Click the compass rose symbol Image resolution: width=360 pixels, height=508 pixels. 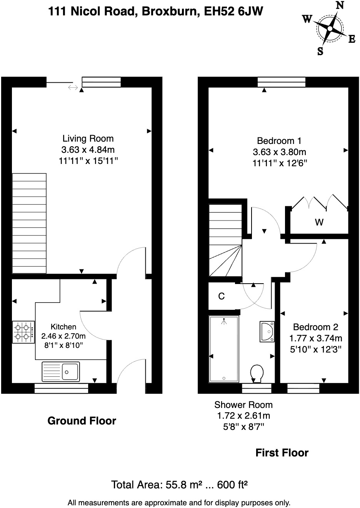pyautogui.click(x=330, y=29)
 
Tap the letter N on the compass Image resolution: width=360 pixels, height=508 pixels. pyautogui.click(x=340, y=5)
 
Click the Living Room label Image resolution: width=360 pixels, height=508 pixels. pyautogui.click(x=88, y=139)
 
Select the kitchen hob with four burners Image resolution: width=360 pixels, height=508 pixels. pyautogui.click(x=23, y=332)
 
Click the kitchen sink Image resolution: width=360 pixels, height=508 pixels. pyautogui.click(x=61, y=372)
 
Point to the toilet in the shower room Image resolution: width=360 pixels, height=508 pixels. pyautogui.click(x=257, y=373)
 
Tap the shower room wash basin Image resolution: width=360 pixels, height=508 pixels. pyautogui.click(x=267, y=331)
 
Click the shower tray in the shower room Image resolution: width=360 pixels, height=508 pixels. pyautogui.click(x=223, y=349)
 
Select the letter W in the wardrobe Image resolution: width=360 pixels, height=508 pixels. pyautogui.click(x=319, y=222)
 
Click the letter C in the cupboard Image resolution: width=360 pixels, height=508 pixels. pyautogui.click(x=221, y=296)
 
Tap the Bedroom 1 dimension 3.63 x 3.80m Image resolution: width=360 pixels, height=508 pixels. pyautogui.click(x=279, y=152)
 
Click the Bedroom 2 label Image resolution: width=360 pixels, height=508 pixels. pyautogui.click(x=315, y=327)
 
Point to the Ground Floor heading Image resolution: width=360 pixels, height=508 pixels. pyautogui.click(x=82, y=421)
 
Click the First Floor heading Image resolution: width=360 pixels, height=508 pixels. pyautogui.click(x=282, y=453)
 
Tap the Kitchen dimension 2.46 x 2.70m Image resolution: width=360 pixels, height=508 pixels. pyautogui.click(x=64, y=336)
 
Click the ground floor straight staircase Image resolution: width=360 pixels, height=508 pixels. pyautogui.click(x=29, y=223)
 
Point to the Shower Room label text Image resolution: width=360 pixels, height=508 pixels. pyautogui.click(x=243, y=405)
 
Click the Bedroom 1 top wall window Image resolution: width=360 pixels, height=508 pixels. pyautogui.click(x=282, y=82)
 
